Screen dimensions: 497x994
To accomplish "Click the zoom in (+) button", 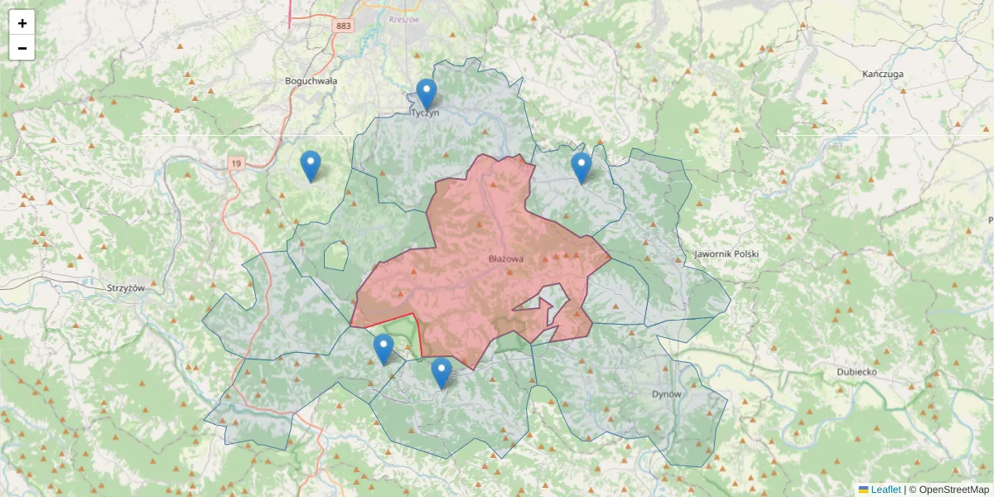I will tap(22, 23).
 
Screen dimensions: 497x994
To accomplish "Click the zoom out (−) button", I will tap(22, 48).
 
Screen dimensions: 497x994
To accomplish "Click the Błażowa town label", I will tap(506, 259).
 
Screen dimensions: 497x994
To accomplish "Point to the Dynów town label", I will tap(666, 394).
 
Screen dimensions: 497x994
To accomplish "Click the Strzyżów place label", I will tap(126, 288).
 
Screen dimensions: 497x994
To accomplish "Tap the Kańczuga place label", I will tap(882, 74).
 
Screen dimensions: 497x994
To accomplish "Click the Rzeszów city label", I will tap(404, 18).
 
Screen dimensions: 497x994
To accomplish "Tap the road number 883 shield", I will tap(344, 27).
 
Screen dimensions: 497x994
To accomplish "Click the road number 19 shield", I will tap(237, 165).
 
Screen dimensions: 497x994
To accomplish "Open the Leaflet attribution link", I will tap(885, 490).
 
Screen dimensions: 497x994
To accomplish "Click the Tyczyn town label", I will tap(426, 113).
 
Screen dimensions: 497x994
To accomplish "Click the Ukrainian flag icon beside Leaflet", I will tap(863, 490).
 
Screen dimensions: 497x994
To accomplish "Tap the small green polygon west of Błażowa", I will tap(335, 255).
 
